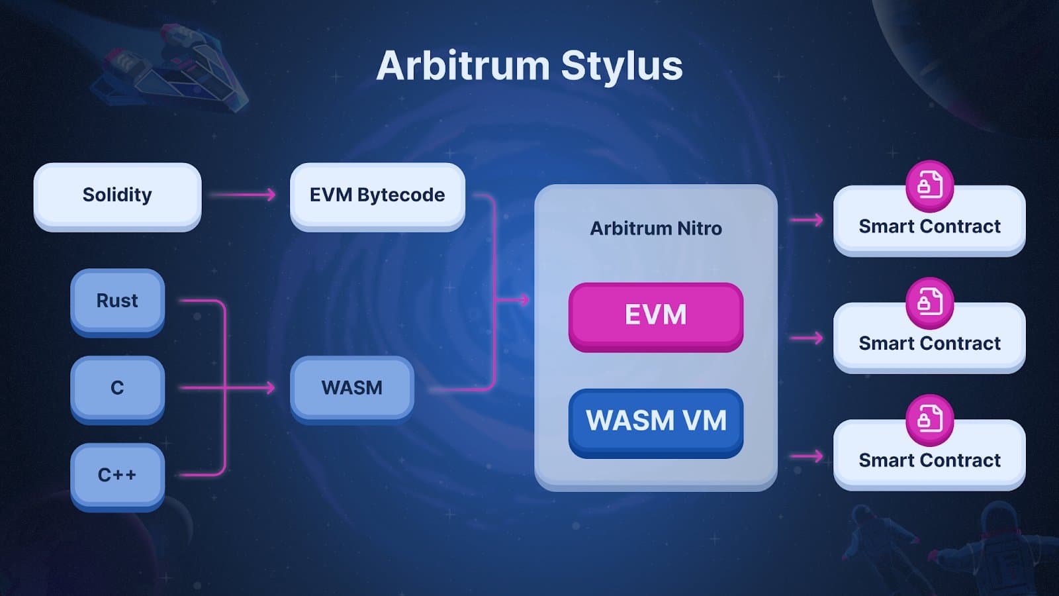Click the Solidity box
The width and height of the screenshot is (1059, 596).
[117, 195]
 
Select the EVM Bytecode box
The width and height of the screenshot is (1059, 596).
[377, 195]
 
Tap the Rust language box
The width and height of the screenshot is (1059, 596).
[117, 301]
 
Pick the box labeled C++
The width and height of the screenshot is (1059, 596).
[117, 475]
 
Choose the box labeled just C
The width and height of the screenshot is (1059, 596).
[117, 388]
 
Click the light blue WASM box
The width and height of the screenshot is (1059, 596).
[351, 388]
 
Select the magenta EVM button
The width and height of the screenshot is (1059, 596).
[655, 315]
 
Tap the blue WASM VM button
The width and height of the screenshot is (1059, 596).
[655, 421]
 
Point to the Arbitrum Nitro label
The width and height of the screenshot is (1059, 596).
[655, 228]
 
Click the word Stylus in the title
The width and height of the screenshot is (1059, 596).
[622, 66]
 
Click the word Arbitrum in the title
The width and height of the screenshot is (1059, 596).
[463, 66]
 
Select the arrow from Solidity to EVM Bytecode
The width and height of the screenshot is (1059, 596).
[242, 195]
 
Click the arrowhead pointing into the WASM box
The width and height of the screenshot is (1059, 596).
[269, 387]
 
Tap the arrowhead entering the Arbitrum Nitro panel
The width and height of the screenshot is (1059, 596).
[524, 300]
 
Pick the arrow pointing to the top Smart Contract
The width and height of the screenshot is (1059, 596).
[807, 220]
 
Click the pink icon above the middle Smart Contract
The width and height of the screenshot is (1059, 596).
[929, 303]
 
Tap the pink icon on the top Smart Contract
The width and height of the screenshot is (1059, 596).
[929, 185]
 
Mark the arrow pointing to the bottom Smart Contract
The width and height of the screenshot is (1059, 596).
[807, 456]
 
